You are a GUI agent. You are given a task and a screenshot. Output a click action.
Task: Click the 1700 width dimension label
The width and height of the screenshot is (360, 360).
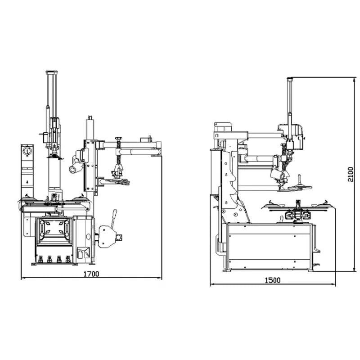[91, 273]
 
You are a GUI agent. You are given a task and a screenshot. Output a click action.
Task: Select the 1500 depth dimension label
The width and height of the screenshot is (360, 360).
[272, 280]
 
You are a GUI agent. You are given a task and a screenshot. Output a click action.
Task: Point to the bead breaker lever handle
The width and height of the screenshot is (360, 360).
[114, 216]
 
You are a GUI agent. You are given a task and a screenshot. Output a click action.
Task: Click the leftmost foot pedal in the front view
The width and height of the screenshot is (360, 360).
[39, 259]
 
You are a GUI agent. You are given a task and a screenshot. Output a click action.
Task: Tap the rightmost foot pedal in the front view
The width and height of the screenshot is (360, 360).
[68, 259]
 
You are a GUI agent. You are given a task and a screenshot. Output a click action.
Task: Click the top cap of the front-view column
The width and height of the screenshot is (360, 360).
[53, 72]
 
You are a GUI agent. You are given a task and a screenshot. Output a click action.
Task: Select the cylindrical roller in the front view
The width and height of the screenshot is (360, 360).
[74, 167]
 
